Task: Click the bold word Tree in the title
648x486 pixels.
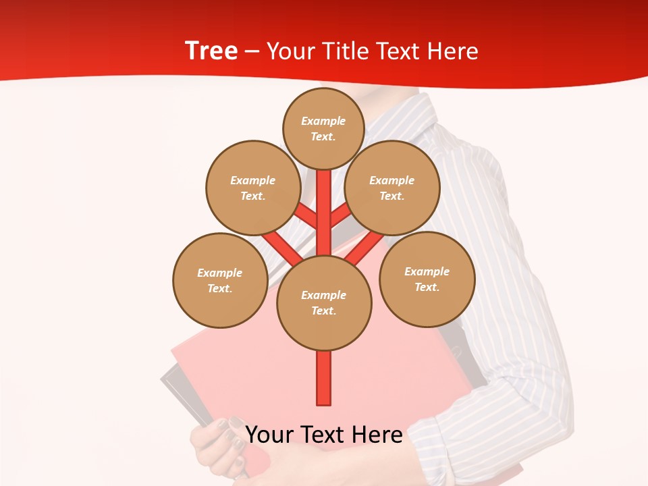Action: (211, 51)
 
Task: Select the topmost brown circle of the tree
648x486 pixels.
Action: (323, 128)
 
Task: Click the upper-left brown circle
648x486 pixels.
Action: (252, 188)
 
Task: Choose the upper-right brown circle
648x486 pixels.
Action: (391, 188)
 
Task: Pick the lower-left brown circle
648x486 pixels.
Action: (219, 280)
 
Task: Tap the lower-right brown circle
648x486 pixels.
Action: (427, 279)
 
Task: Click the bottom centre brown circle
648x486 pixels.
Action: (324, 302)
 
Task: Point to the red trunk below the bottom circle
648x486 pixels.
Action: (324, 378)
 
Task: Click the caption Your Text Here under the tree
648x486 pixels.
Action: (324, 434)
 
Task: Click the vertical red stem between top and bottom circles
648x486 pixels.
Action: (324, 213)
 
